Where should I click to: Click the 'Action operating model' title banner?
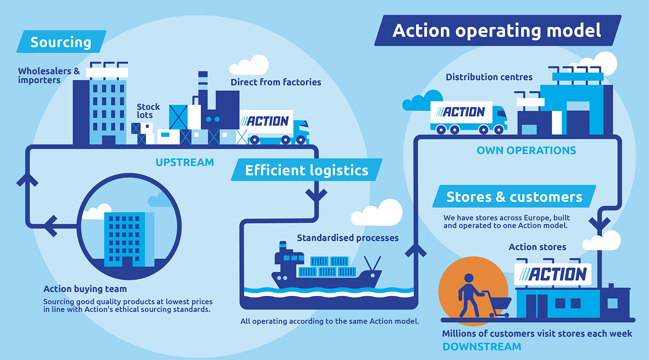tap(498, 30)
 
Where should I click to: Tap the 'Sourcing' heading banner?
tap(61, 42)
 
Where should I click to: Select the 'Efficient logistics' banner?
tap(307, 170)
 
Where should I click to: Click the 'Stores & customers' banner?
tap(514, 196)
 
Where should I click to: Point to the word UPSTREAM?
tap(185, 162)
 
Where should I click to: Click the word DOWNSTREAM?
tap(481, 347)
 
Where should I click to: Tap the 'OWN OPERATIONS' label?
tap(526, 151)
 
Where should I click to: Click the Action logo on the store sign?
tap(552, 274)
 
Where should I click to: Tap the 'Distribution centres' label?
tap(489, 77)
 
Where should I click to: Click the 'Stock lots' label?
tap(148, 111)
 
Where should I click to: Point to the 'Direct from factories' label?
tap(276, 82)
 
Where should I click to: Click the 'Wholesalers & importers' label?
tap(49, 75)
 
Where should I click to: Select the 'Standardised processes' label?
tap(348, 238)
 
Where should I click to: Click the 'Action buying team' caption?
tap(85, 289)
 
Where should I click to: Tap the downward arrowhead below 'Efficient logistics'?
tap(316, 195)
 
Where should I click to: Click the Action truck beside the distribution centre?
tap(468, 117)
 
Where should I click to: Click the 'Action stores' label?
tap(537, 247)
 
